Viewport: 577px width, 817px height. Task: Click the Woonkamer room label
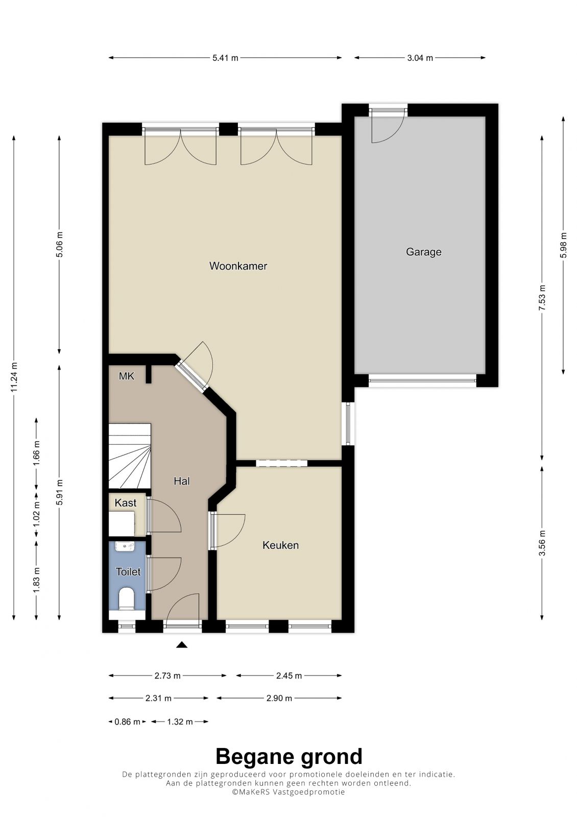coord(238,266)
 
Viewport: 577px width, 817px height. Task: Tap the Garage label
coord(423,252)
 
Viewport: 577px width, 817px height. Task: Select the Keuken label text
coord(280,545)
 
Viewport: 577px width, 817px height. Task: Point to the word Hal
coord(182,481)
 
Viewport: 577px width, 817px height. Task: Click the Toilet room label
coord(128,571)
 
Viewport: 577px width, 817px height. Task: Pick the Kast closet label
coord(126,503)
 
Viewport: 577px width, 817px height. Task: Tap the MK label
coord(126,376)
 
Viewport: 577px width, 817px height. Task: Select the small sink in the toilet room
coord(125,546)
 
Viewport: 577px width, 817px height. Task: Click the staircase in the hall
coord(130,456)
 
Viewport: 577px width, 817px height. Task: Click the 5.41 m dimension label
coord(225,58)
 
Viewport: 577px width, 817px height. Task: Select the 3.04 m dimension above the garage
coord(420,58)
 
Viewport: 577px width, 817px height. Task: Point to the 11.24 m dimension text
coord(14,377)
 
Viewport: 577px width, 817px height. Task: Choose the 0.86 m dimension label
coord(127,722)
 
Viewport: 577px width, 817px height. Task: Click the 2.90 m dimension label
coord(279,699)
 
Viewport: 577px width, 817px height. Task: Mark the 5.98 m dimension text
coord(564,245)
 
